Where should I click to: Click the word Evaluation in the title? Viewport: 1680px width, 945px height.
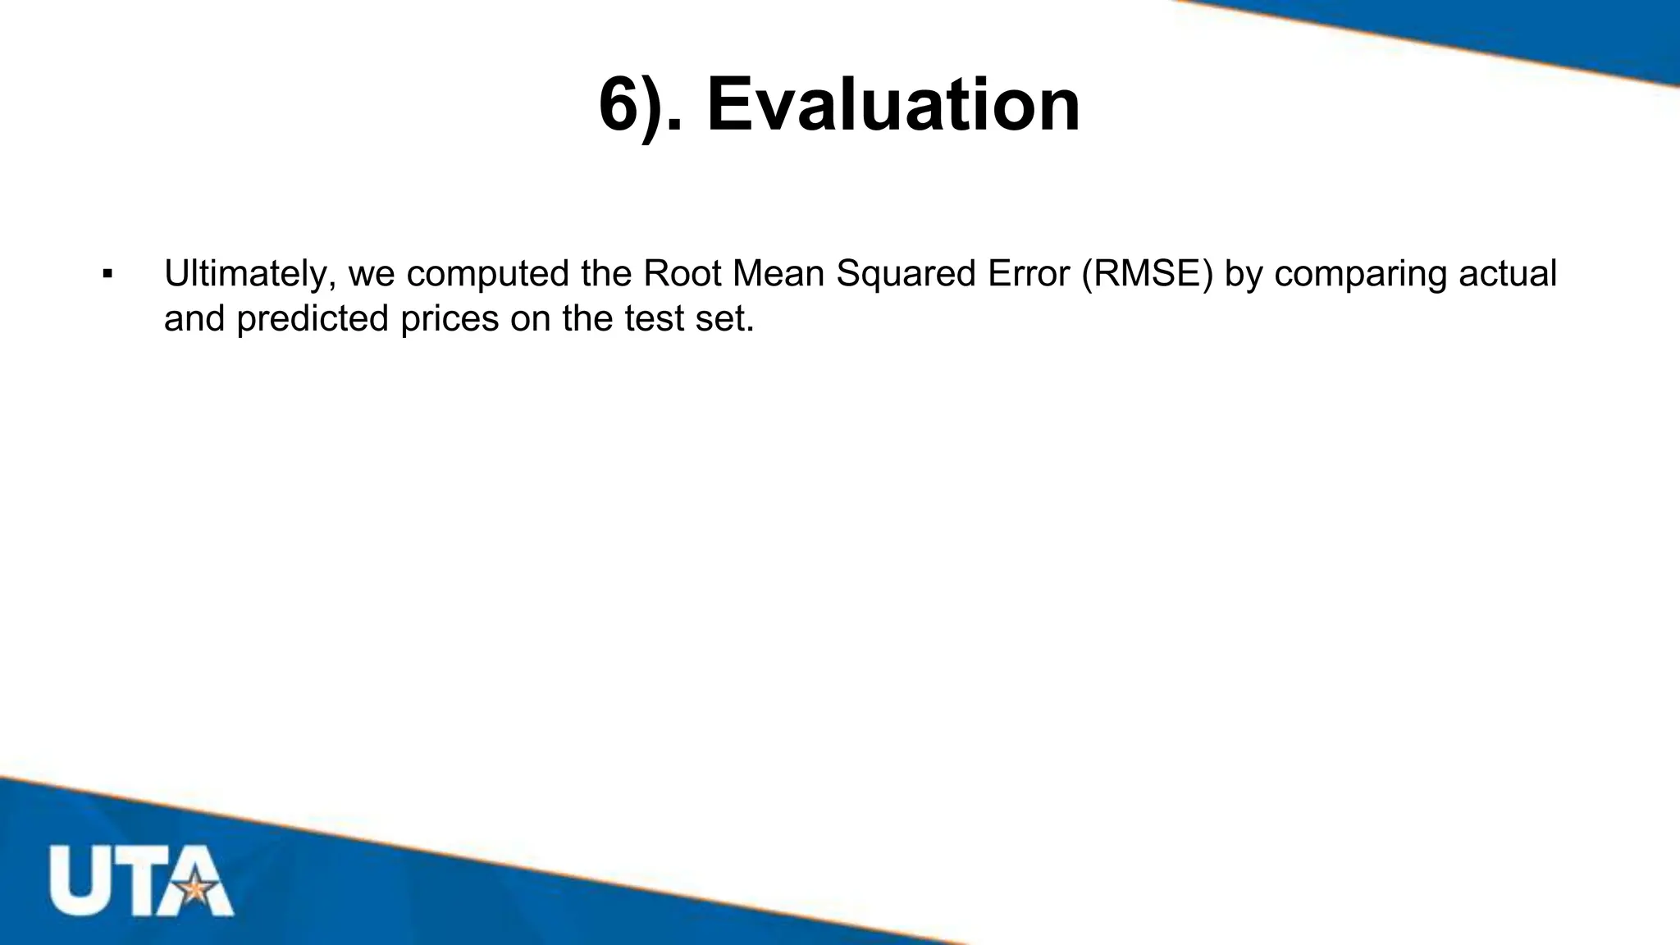click(x=893, y=105)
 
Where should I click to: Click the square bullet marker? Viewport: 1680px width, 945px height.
click(x=107, y=274)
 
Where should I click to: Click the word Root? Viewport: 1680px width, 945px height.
click(x=680, y=273)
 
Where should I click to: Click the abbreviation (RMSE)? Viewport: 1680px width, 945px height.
click(x=1147, y=274)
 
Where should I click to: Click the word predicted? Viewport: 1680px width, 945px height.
click(x=313, y=319)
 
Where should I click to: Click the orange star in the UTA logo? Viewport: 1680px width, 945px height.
click(x=195, y=888)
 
